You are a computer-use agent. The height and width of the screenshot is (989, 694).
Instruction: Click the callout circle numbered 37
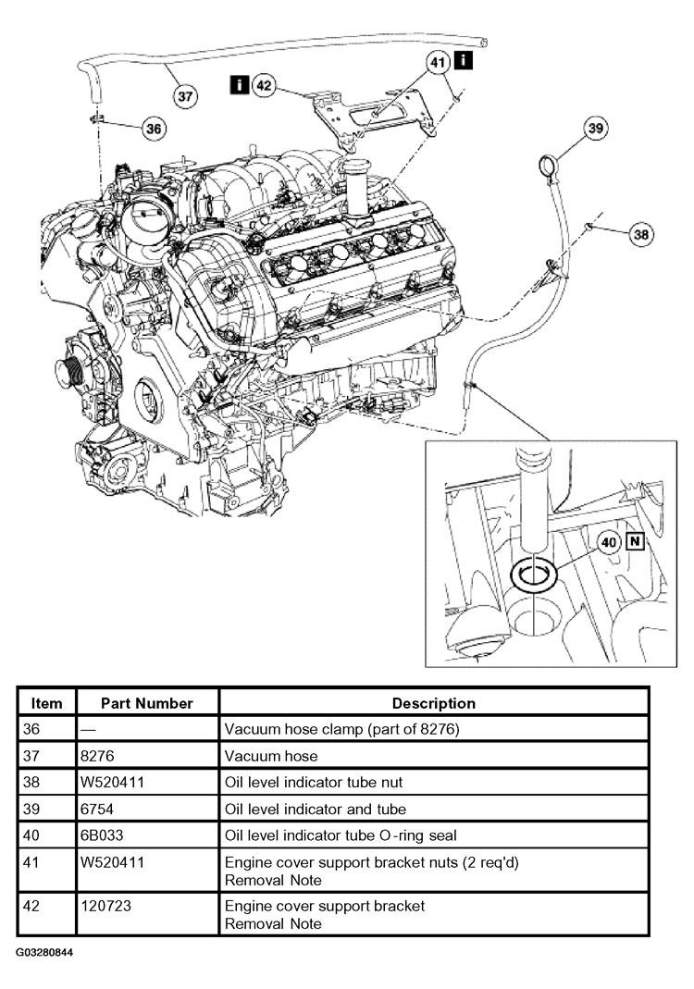(185, 96)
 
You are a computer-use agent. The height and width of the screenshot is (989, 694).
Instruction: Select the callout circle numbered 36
(154, 129)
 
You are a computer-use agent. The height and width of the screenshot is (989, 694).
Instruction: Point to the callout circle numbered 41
(438, 62)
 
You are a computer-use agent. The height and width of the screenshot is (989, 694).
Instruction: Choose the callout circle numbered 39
(596, 128)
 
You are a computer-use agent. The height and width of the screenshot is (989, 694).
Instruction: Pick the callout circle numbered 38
(641, 235)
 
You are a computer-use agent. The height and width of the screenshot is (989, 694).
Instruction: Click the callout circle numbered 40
(609, 542)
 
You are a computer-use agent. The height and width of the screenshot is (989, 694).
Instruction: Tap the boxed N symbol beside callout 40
(635, 542)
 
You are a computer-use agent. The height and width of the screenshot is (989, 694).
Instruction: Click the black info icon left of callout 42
(239, 84)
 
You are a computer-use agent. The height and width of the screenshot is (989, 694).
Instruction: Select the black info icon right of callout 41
(464, 60)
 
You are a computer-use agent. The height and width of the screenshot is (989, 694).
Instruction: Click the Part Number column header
(147, 703)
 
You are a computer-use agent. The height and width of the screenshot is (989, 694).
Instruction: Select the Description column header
(434, 703)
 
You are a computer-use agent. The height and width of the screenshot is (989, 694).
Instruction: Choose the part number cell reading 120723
(106, 906)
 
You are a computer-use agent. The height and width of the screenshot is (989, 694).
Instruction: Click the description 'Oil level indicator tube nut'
(314, 782)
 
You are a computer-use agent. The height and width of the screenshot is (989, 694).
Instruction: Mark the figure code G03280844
(44, 952)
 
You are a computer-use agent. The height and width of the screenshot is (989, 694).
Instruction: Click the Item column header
(46, 703)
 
